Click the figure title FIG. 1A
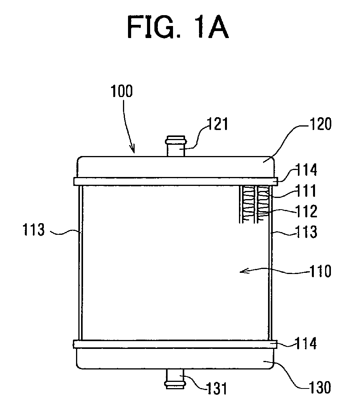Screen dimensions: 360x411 (178, 27)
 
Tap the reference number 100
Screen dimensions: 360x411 (121, 91)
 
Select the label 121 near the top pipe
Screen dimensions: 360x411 (218, 124)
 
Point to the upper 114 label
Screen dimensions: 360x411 (306, 170)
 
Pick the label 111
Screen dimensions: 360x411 (306, 191)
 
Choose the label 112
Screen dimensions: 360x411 (306, 211)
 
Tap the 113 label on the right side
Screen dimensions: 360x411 (306, 232)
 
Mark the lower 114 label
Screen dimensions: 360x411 (306, 343)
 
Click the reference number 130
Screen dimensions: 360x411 (320, 387)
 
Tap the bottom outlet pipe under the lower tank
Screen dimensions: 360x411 (174, 379)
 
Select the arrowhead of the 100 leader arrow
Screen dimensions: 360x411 (133, 150)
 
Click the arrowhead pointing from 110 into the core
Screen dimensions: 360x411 (243, 271)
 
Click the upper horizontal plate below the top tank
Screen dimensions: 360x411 (176, 181)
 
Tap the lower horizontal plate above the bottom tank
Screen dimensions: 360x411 (175, 344)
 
